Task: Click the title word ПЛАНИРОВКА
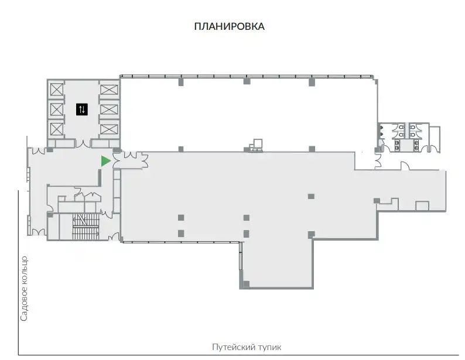(229, 26)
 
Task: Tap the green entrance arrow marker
(105, 161)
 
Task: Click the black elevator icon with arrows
(82, 109)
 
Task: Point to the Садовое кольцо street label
(25, 289)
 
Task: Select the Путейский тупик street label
(247, 347)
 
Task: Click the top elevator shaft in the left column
(57, 90)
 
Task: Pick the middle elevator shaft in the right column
(109, 109)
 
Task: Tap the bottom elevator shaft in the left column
(57, 129)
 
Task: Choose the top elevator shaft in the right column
(109, 90)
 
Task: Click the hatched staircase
(86, 227)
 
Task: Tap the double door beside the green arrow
(117, 161)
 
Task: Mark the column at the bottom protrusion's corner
(246, 284)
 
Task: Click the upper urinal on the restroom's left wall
(381, 128)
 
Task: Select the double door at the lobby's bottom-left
(39, 232)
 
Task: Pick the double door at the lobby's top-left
(39, 150)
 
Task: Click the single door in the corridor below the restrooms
(405, 166)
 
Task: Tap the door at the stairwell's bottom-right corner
(114, 236)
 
